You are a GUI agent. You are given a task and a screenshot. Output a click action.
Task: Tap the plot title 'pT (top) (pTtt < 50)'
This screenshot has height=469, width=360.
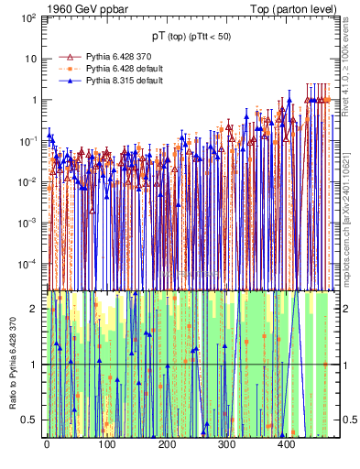(191, 37)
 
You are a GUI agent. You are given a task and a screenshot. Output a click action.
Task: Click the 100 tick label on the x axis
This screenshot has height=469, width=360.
(106, 442)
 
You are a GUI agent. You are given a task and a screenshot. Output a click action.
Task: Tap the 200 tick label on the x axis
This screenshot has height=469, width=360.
(166, 442)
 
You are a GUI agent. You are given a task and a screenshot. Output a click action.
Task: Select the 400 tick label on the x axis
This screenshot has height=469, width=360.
(286, 442)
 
